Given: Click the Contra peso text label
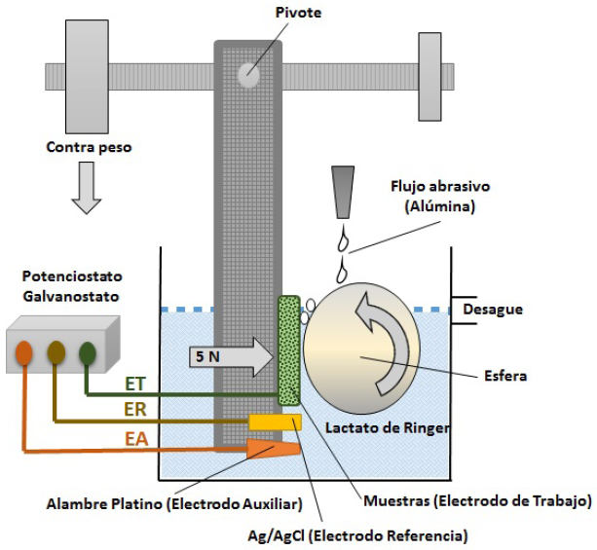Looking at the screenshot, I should click(90, 147).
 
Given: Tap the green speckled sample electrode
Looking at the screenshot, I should click(289, 350).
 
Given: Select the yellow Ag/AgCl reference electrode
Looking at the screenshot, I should click(276, 422).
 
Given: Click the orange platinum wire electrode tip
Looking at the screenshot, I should click(274, 449).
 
